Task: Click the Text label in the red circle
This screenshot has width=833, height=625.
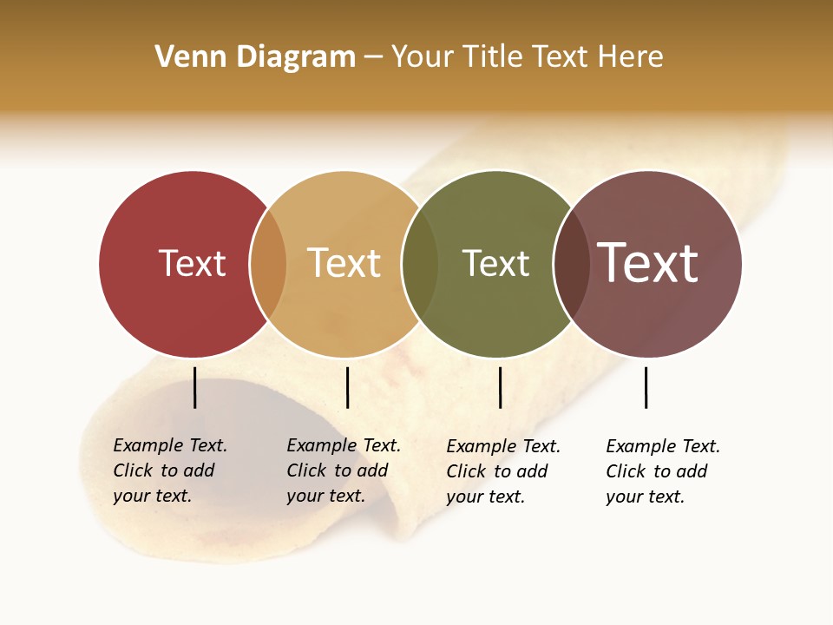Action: point(192,263)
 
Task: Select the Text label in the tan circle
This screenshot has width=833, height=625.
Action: point(344,263)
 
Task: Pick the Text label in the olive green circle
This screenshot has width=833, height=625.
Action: point(495,263)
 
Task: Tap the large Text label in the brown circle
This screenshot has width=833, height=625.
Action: point(647,262)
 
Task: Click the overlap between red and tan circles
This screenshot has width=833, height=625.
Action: point(268,264)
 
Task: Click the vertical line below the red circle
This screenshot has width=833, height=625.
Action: point(195,387)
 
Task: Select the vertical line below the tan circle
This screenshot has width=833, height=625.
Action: point(347,387)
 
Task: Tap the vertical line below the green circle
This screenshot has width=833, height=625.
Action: point(500,387)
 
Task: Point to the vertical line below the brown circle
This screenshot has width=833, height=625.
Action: point(646,387)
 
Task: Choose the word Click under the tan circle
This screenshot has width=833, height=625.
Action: point(305,470)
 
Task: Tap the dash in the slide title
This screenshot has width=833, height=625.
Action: point(373,57)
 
